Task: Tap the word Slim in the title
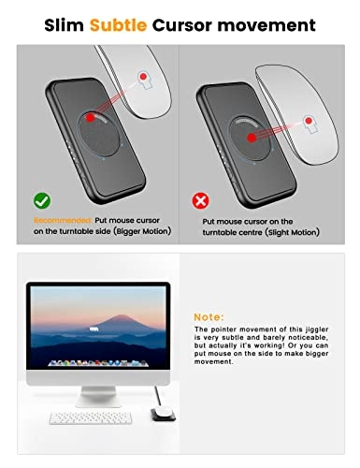[x=65, y=25]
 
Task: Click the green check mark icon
[x=40, y=199]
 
